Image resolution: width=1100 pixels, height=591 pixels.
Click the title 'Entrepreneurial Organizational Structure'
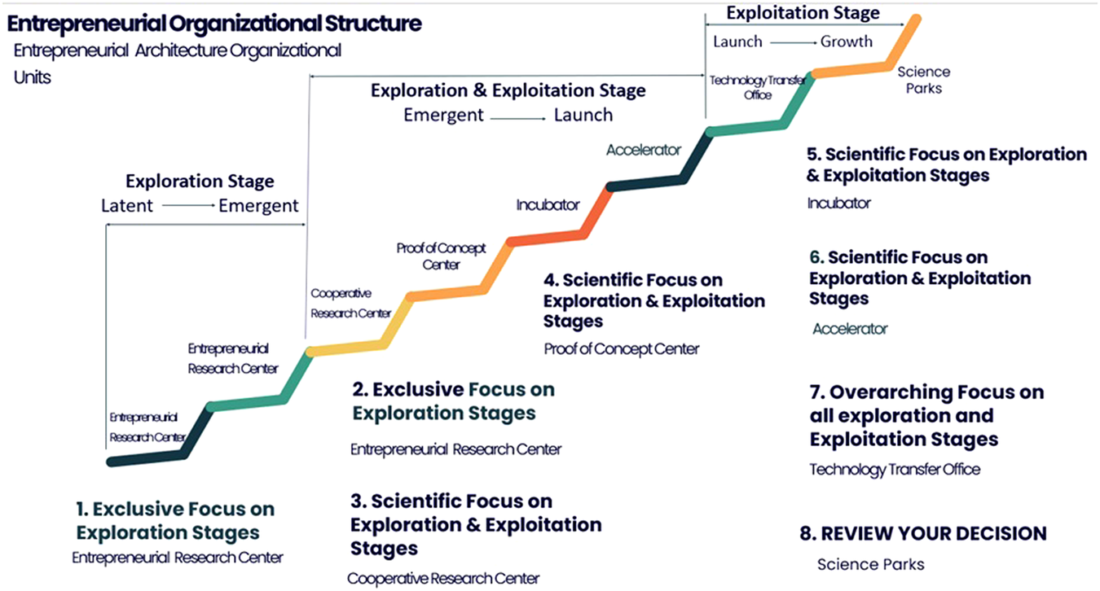[214, 23]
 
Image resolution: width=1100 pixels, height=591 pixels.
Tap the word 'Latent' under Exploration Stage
[126, 206]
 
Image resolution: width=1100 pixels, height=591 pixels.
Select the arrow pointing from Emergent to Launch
[518, 116]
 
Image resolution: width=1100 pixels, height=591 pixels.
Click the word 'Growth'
[846, 42]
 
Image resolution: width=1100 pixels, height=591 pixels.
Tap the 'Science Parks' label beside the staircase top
[923, 80]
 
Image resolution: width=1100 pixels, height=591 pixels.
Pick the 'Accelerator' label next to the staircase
[643, 150]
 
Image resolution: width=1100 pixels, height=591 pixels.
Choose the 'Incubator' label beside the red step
[548, 204]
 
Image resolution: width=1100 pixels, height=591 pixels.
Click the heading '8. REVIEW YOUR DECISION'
[923, 534]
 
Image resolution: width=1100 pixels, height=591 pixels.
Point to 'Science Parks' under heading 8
[870, 564]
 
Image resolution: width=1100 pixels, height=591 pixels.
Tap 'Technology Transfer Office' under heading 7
[895, 469]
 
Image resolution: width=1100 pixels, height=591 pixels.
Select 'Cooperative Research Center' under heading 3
[443, 579]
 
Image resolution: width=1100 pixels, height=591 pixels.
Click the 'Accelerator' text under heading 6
[850, 329]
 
